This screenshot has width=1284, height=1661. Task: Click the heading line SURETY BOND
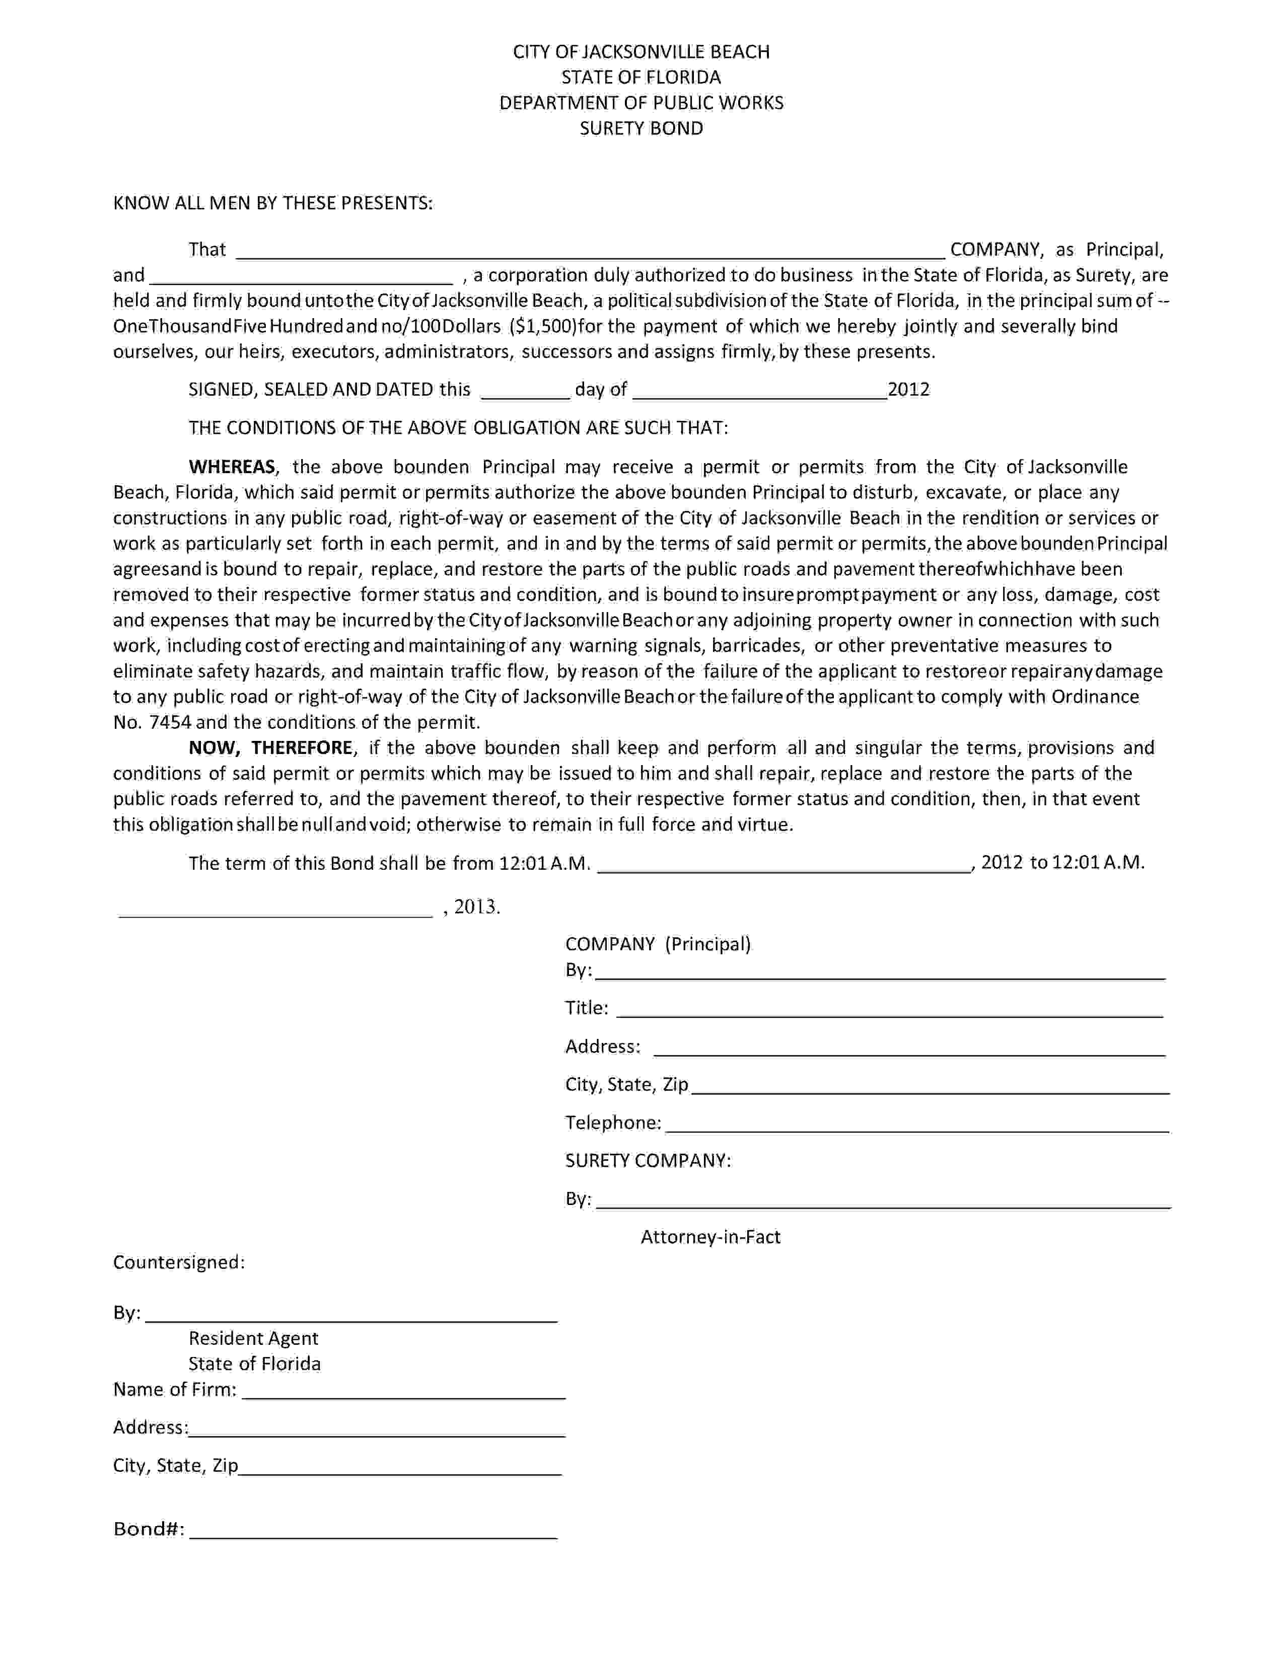click(x=641, y=128)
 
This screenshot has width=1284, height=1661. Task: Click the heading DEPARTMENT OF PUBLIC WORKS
click(x=641, y=103)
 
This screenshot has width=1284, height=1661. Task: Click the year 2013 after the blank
click(x=477, y=907)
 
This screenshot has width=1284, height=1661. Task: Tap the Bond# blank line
click(x=373, y=1536)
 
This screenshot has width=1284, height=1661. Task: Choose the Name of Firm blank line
click(x=403, y=1396)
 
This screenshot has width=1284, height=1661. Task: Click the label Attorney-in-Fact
click(x=710, y=1237)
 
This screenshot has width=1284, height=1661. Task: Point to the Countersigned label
click(x=179, y=1262)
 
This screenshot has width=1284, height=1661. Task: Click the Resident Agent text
click(x=253, y=1338)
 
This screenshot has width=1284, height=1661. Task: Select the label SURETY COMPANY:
click(x=648, y=1161)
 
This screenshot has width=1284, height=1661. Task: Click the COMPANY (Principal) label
click(x=658, y=945)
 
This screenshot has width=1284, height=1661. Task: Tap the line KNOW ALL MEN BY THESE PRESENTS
click(x=273, y=203)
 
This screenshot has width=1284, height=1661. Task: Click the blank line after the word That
click(x=590, y=257)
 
